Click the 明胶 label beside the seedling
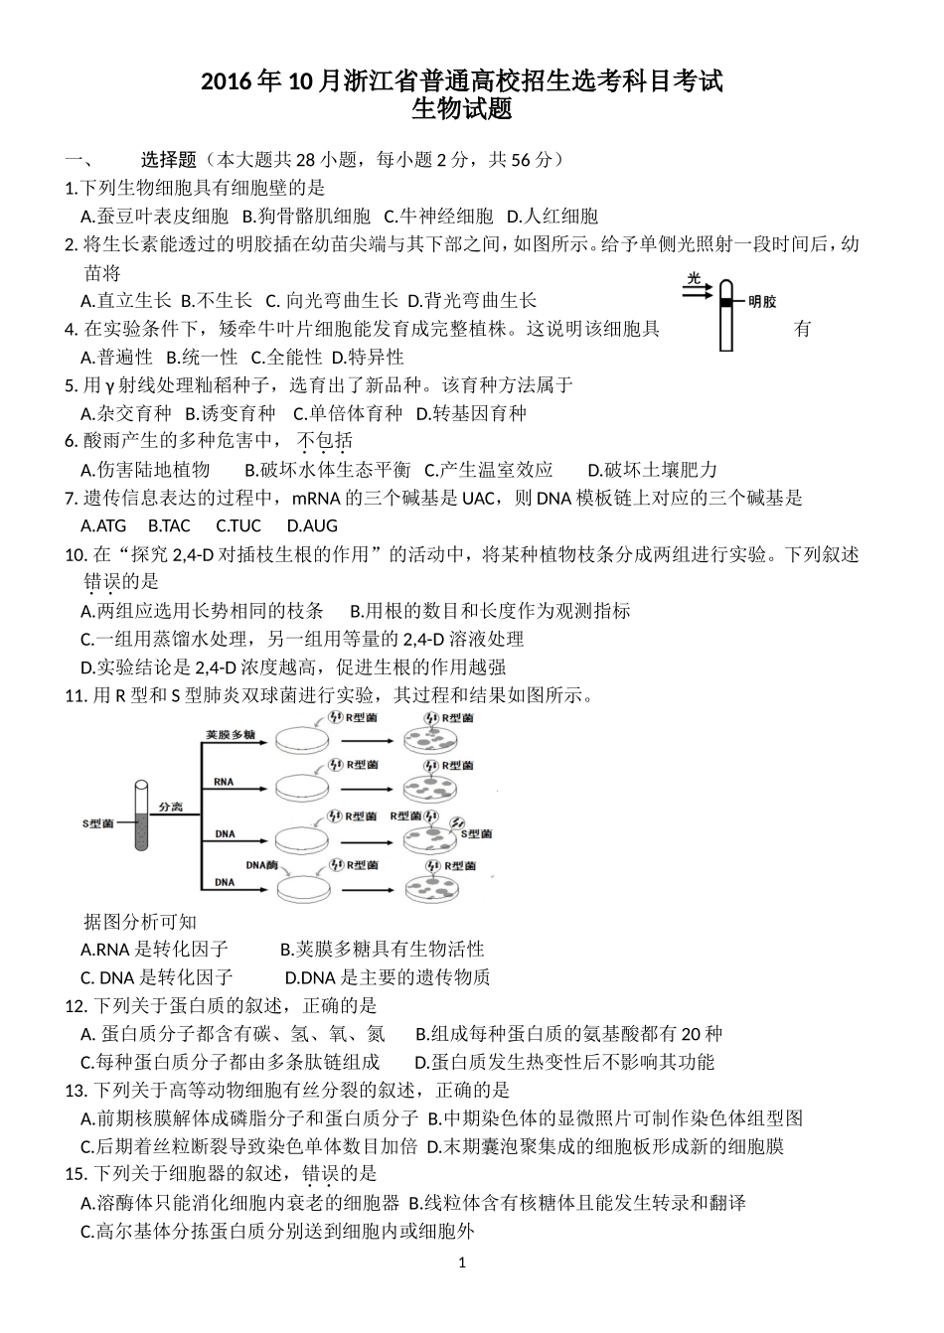pos(762,301)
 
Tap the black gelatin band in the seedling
pos(727,300)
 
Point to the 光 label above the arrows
pos(694,278)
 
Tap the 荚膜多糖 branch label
pos(230,735)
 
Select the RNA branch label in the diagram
pos(224,782)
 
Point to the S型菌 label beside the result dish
pos(477,833)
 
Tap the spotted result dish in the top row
pos(433,740)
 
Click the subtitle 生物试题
pos(462,108)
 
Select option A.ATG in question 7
pos(103,525)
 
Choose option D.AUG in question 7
pos(312,525)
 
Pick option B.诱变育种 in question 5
pos(231,413)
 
